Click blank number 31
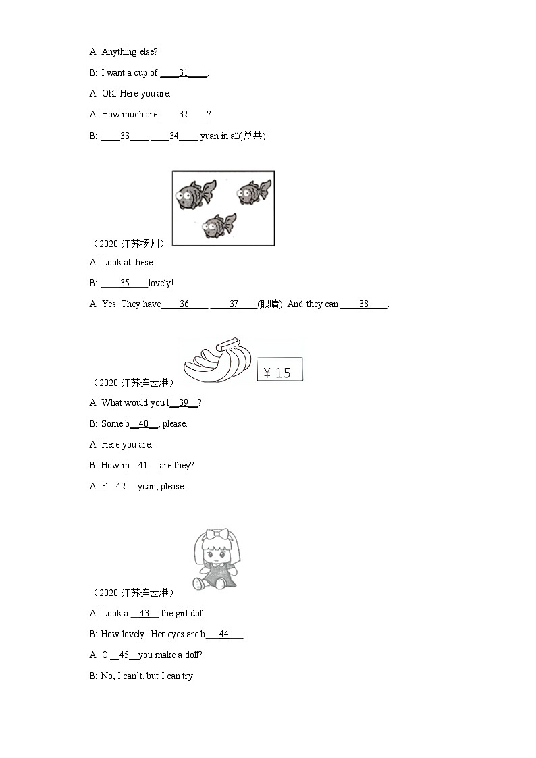[x=184, y=73]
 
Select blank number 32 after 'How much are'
[x=183, y=115]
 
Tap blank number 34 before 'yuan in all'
[x=174, y=136]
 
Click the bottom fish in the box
[x=219, y=225]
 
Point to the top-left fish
[x=196, y=194]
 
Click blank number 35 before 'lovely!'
[x=125, y=283]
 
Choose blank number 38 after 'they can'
[x=364, y=304]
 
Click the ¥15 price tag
[x=280, y=371]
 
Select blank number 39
[x=184, y=403]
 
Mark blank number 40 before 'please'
[x=143, y=424]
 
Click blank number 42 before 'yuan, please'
[x=121, y=487]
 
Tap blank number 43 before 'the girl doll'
[x=144, y=614]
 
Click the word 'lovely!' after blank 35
[x=161, y=283]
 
